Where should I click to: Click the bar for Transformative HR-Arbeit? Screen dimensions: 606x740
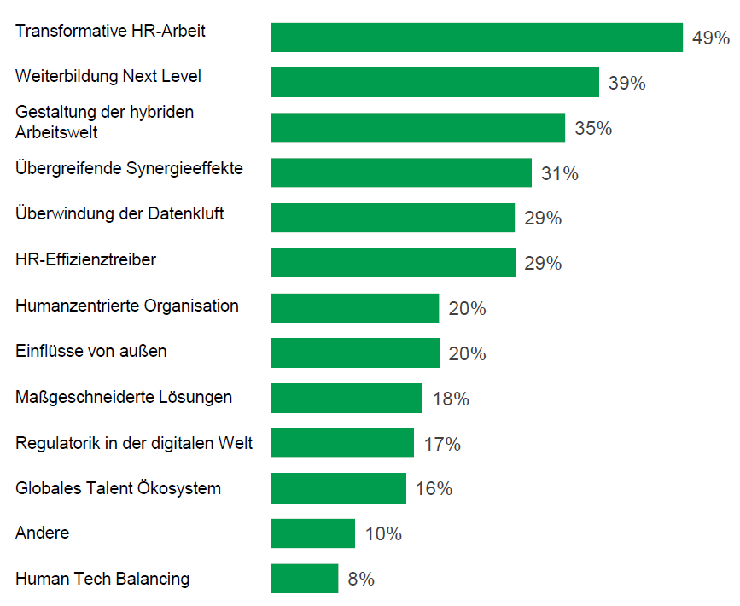476,38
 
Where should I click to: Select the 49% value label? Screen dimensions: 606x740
710,38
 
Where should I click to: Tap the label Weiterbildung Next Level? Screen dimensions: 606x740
108,76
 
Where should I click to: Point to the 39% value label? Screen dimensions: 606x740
626,84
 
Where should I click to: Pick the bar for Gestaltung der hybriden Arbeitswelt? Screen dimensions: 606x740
417,128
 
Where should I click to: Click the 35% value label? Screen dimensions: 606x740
593,129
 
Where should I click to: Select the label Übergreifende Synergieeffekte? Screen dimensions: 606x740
129,168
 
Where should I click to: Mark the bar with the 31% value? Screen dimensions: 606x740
401,172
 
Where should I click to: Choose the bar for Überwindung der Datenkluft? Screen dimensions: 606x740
393,218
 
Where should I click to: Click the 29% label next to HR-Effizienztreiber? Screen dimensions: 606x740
543,264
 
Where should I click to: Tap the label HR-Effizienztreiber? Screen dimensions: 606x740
85,259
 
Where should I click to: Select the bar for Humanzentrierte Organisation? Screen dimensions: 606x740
354,308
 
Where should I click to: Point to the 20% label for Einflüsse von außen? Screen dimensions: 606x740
467,353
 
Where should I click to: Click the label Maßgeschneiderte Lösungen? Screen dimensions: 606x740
124,397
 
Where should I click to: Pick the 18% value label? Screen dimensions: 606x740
451,399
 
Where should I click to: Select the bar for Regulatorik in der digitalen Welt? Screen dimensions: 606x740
342,443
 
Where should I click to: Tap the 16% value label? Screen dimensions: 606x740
434,489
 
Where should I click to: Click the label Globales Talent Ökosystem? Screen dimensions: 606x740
118,488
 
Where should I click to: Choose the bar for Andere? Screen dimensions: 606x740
312,533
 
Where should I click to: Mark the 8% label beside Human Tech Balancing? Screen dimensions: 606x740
361,580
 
